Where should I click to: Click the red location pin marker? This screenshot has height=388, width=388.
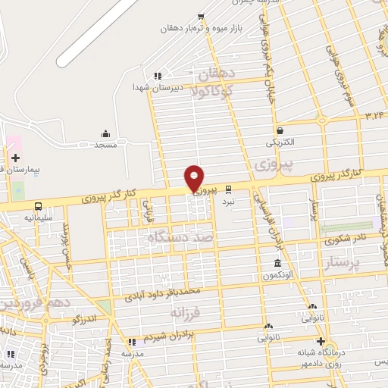(x=195, y=177)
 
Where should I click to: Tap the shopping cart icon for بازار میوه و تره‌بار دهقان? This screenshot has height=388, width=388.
(x=200, y=17)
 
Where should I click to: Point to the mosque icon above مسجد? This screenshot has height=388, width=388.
(x=105, y=133)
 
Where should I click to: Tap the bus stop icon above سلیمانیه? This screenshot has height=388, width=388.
(x=38, y=206)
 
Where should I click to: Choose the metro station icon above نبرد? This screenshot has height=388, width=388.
(x=229, y=191)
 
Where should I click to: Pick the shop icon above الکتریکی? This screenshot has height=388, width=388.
(x=280, y=130)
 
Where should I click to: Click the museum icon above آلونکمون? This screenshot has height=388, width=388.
(x=277, y=264)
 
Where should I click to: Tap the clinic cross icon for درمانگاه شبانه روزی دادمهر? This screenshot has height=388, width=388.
(x=321, y=340)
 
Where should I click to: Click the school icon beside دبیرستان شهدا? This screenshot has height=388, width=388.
(x=158, y=76)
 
